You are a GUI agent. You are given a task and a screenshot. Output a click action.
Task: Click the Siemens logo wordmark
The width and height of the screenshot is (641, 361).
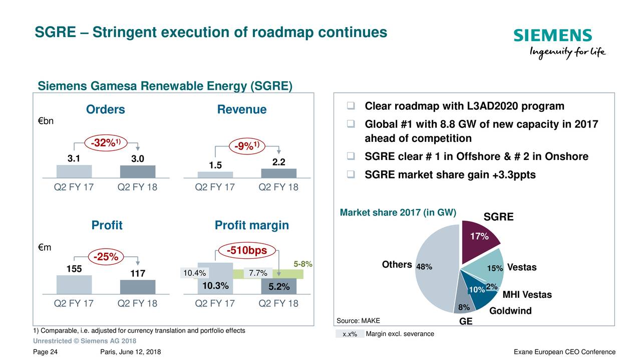pyautogui.click(x=552, y=36)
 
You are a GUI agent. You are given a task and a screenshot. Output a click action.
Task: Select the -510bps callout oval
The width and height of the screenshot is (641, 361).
pyautogui.click(x=247, y=250)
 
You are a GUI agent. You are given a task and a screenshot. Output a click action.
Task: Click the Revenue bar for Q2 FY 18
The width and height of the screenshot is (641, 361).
pyautogui.click(x=279, y=173)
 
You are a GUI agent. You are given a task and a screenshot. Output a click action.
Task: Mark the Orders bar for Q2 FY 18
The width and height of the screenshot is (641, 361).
pyautogui.click(x=138, y=171)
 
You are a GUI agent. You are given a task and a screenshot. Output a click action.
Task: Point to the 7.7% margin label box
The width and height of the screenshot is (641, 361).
pyautogui.click(x=258, y=273)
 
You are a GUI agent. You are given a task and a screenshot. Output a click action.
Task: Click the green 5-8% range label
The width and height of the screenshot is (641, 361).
pyautogui.click(x=303, y=264)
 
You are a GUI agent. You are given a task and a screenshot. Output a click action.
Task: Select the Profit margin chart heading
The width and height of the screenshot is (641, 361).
pyautogui.click(x=251, y=226)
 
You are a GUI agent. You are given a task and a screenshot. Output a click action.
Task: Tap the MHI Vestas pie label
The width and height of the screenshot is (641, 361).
pyautogui.click(x=527, y=295)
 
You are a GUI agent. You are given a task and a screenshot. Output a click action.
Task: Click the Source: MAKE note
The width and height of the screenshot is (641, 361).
pyautogui.click(x=358, y=321)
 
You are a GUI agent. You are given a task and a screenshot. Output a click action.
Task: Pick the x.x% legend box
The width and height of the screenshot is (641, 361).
pyautogui.click(x=350, y=334)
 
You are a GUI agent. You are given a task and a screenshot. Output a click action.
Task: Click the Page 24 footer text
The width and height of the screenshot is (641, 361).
pyautogui.click(x=45, y=352)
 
